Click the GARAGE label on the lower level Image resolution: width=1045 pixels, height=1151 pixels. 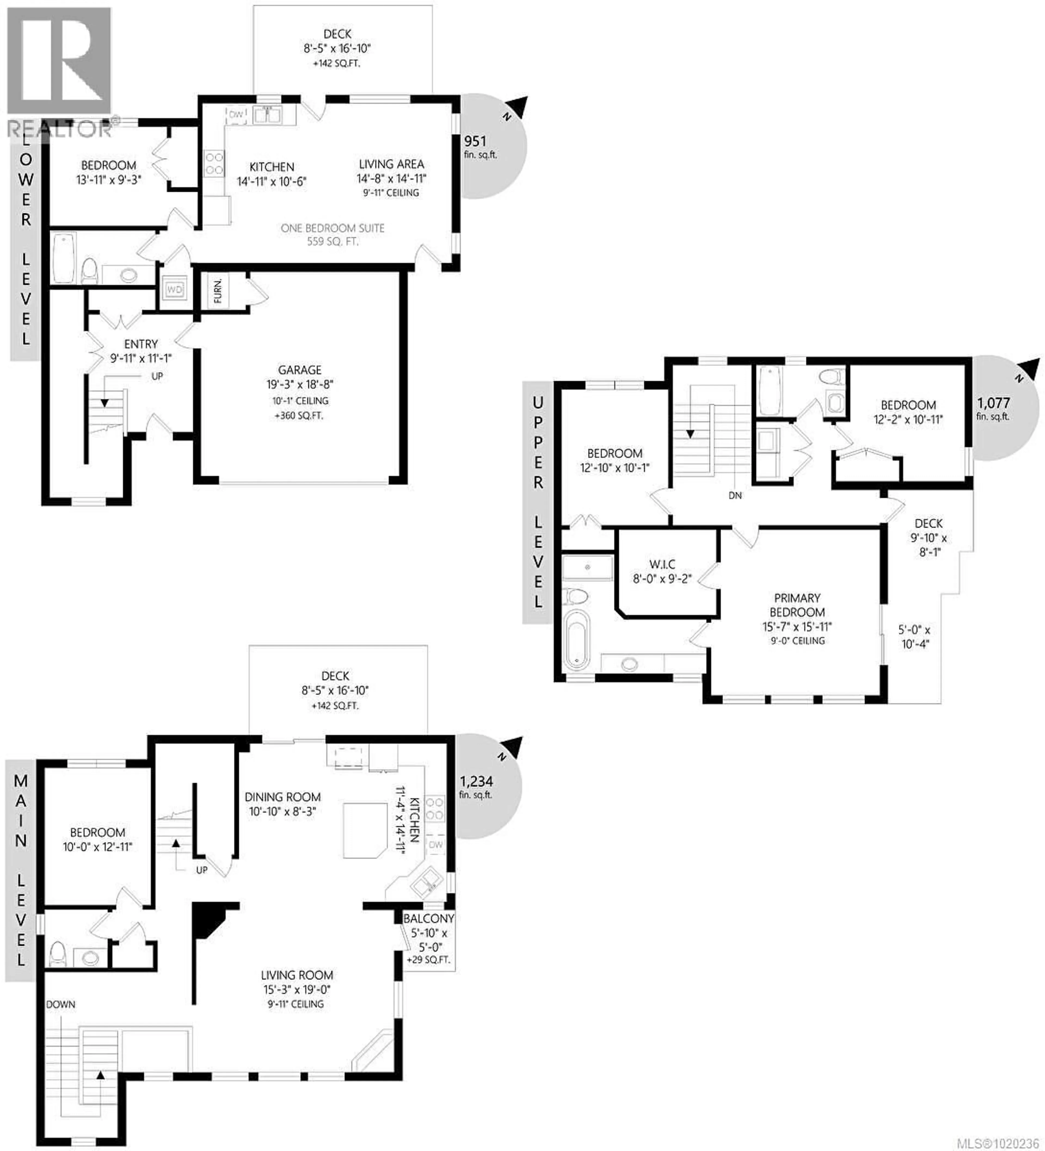point(299,370)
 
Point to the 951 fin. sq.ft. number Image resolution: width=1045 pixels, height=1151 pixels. point(475,141)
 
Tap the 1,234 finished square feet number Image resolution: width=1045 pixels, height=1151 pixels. point(476,781)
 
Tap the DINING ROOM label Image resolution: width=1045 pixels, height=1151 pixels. point(283,797)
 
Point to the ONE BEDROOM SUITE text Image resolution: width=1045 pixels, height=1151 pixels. point(332,228)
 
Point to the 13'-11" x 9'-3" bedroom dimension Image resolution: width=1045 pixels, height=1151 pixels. point(109,180)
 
